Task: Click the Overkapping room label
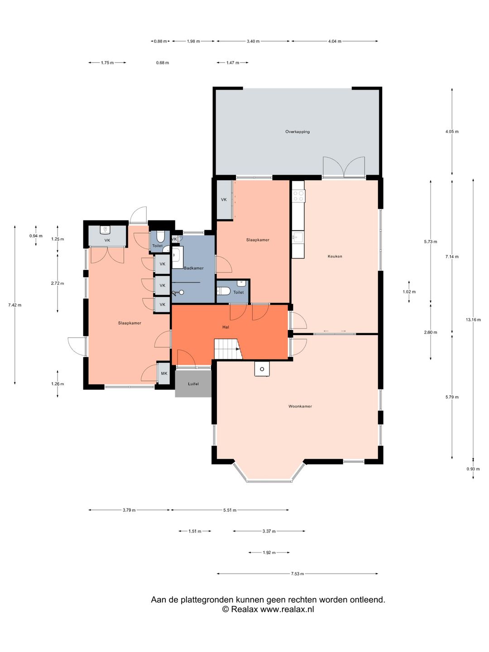297,132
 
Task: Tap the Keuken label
335,256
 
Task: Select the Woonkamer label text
300,406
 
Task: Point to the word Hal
225,327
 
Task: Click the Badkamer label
194,268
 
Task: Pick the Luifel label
193,384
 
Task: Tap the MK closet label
164,374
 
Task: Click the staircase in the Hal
228,349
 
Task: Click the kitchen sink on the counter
298,237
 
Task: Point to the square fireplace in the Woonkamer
262,369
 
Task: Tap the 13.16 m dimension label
473,320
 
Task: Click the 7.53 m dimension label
297,574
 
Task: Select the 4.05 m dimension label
452,131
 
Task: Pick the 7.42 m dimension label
14,305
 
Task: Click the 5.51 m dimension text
230,510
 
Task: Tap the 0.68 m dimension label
163,62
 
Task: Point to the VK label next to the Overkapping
224,200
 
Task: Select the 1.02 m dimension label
409,292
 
